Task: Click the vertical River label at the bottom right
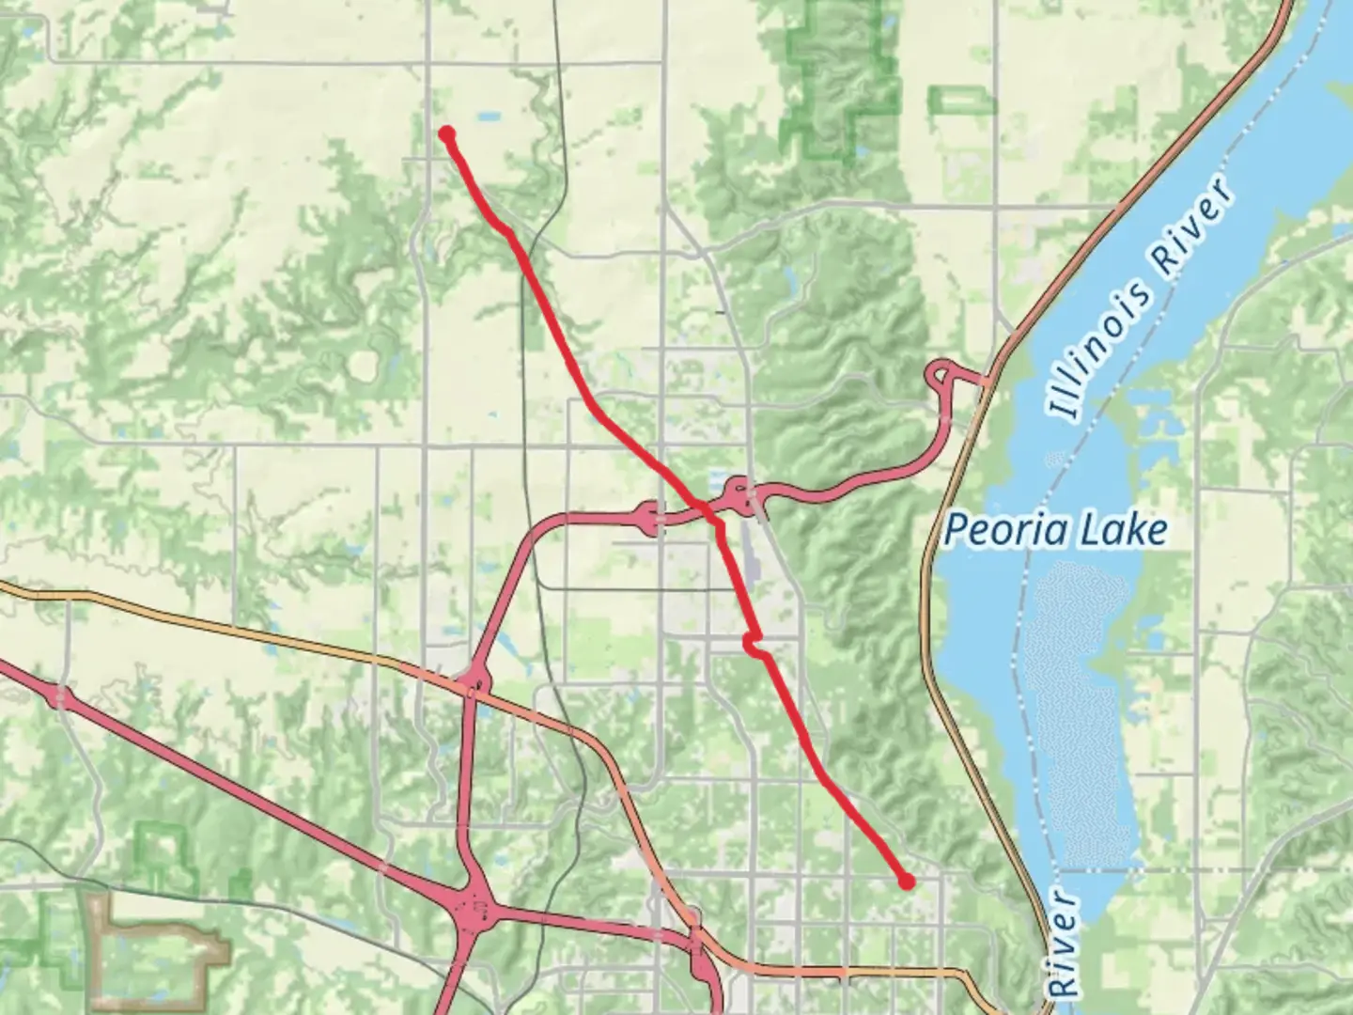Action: (x=1065, y=945)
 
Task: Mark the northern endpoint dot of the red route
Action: (x=447, y=133)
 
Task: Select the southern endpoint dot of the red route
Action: (x=906, y=882)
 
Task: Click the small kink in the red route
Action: (x=753, y=643)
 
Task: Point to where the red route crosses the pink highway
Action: (x=706, y=508)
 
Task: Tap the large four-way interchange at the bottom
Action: (x=478, y=908)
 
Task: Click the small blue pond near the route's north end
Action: (x=488, y=117)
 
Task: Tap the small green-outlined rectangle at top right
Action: (x=961, y=100)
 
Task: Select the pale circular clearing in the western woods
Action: (x=363, y=366)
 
